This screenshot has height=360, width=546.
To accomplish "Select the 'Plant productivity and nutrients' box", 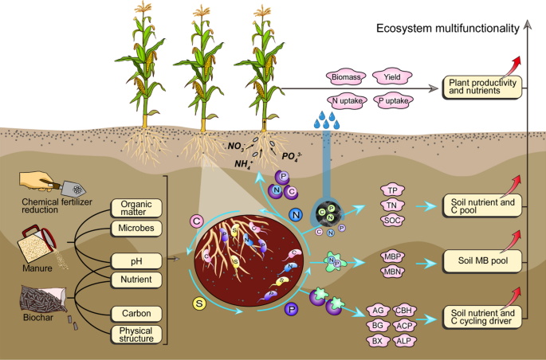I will coord(482,87).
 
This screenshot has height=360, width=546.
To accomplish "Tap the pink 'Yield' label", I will coord(391,77).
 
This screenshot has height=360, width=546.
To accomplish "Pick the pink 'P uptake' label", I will coord(391,101).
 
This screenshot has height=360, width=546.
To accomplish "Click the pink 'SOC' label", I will coord(391,220).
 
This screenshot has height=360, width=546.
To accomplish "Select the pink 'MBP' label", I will coord(391,256).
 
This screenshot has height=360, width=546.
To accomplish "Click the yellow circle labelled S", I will coord(199,302).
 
